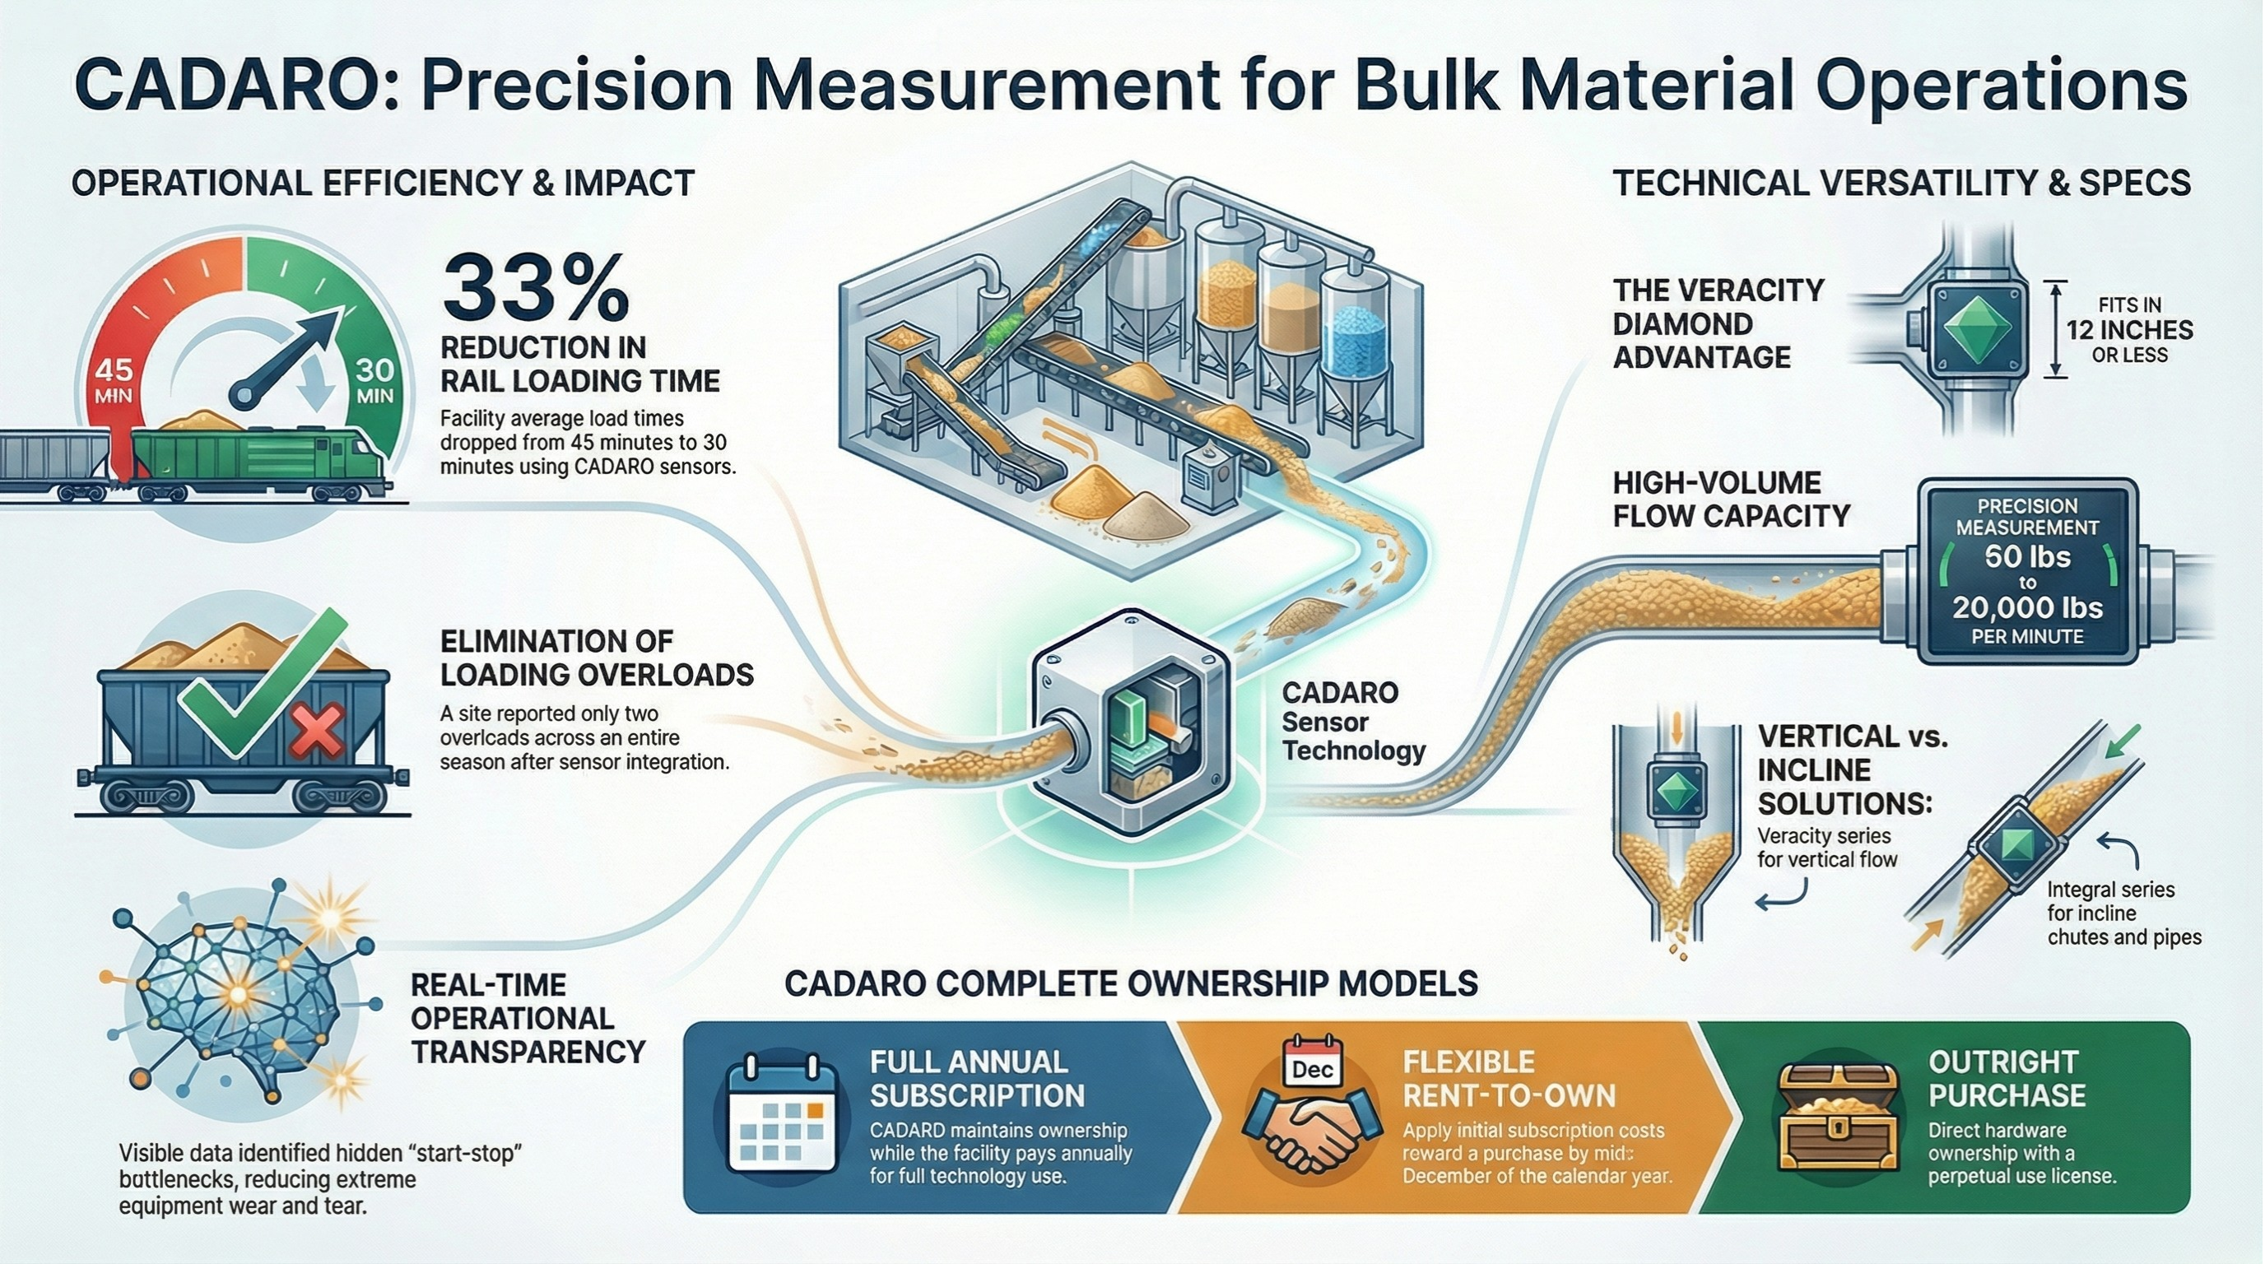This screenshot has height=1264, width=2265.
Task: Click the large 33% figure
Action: point(536,288)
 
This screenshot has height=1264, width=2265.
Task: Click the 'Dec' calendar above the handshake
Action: point(1313,1067)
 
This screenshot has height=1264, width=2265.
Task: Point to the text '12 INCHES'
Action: point(2128,331)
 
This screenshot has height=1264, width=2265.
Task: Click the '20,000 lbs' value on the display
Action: point(2026,607)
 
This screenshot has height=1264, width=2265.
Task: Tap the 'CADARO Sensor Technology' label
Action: point(1352,722)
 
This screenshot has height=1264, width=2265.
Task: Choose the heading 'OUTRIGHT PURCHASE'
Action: point(2007,1079)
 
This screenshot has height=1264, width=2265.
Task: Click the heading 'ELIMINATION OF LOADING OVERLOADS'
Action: point(597,658)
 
